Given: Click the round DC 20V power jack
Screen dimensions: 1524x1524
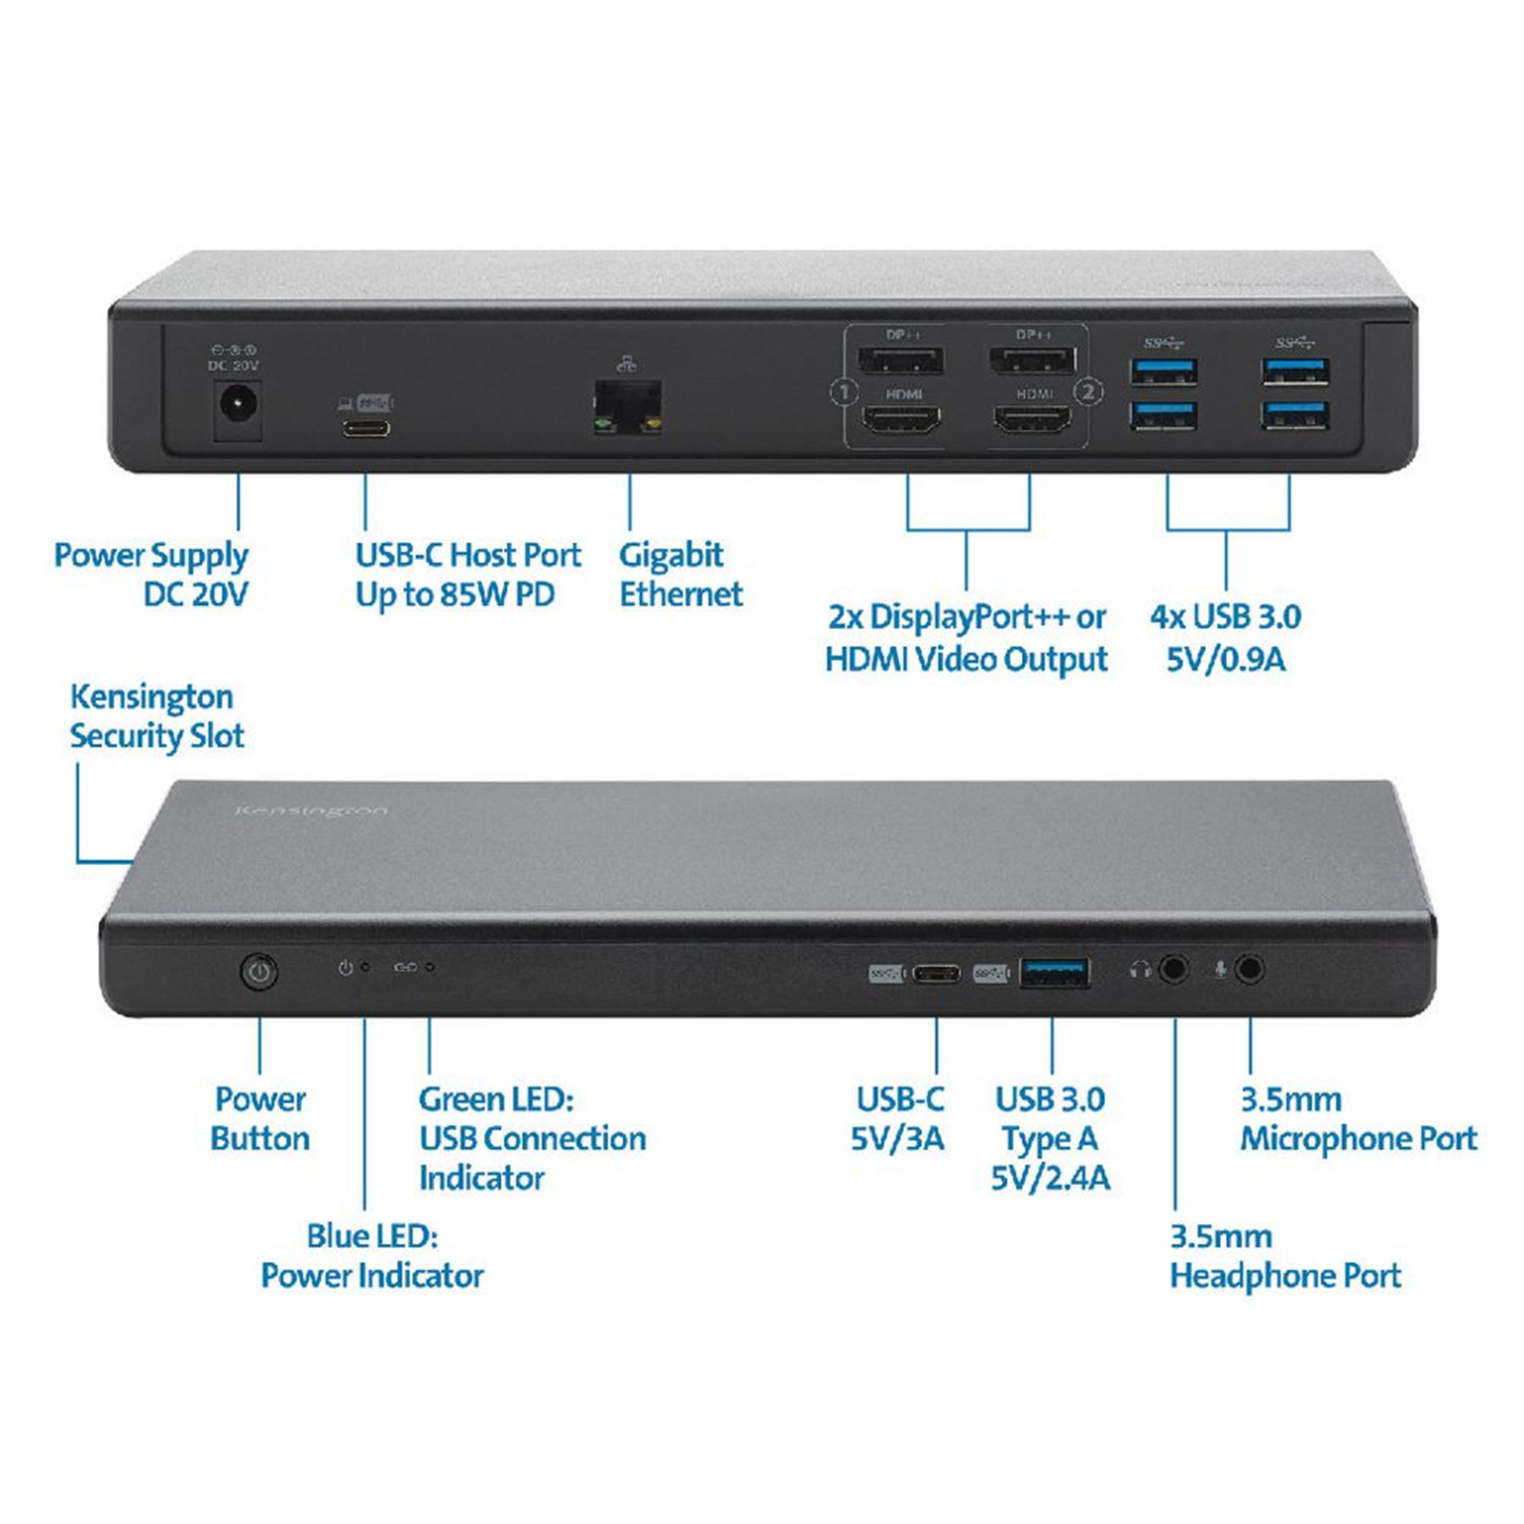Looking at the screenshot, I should (x=237, y=405).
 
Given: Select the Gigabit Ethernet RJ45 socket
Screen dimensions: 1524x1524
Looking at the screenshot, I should (x=627, y=407).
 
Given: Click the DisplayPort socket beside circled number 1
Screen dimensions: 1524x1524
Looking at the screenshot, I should (x=901, y=360).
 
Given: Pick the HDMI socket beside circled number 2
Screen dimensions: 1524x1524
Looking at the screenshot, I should (x=1033, y=418).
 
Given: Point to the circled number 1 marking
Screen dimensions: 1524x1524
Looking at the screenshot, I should (x=844, y=391).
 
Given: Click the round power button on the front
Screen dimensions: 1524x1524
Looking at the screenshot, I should (x=259, y=972).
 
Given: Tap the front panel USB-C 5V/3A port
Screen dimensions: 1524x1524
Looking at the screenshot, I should (x=936, y=973).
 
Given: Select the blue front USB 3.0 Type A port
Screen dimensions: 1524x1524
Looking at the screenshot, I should (x=1054, y=973).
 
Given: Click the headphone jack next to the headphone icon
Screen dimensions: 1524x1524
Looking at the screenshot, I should (x=1174, y=970).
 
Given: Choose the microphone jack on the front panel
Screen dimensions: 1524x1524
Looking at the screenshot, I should (x=1250, y=970).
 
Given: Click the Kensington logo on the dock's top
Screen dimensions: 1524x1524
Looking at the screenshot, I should (x=311, y=811).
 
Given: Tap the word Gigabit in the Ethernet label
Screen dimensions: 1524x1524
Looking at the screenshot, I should (x=671, y=554).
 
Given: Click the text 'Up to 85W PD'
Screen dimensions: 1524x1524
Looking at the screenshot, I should (x=454, y=594).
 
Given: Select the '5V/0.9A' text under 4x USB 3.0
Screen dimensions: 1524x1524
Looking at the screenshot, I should (x=1225, y=658).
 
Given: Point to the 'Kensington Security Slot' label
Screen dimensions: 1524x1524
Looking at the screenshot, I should (x=156, y=715).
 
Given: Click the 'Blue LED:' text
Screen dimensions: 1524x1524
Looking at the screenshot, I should (x=371, y=1235).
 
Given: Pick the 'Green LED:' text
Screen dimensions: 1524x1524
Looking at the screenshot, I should (x=496, y=1099).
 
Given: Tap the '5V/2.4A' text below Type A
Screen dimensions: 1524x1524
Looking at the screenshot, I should (x=1050, y=1178).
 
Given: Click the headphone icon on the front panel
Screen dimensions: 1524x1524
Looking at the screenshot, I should (x=1140, y=970).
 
